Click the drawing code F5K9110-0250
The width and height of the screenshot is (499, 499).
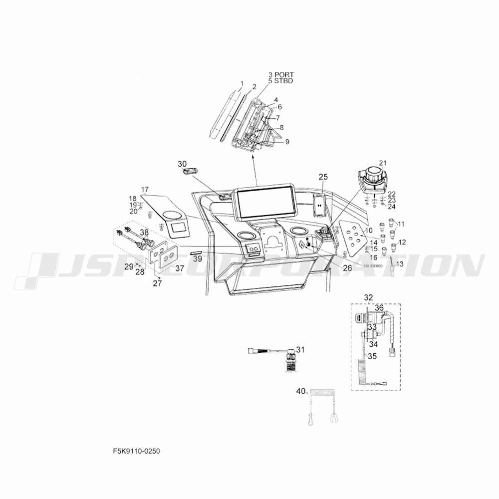(x=136, y=451)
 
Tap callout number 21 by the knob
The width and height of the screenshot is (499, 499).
(x=383, y=163)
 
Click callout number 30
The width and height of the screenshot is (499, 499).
(x=182, y=164)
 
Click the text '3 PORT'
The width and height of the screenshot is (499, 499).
(x=281, y=74)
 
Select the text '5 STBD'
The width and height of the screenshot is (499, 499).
(x=281, y=80)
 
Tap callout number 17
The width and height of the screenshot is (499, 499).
(x=145, y=190)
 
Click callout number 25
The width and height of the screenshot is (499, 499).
(x=323, y=177)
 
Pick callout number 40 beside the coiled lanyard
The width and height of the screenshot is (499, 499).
(x=300, y=392)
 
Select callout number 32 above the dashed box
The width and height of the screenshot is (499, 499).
(x=368, y=297)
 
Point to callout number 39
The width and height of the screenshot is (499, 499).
(x=198, y=259)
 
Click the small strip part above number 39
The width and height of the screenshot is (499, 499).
(x=196, y=253)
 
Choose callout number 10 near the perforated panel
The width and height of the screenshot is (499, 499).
(x=369, y=230)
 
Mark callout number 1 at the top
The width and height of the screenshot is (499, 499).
(x=242, y=83)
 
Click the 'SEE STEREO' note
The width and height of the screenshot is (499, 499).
(x=373, y=266)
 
